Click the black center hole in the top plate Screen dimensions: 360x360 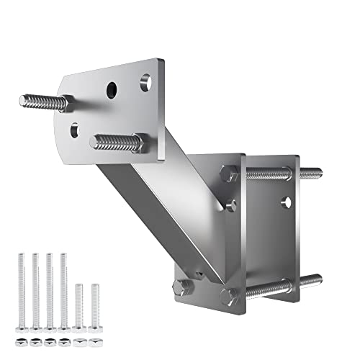tap(112, 90)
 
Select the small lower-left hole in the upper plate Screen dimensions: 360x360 tap(76, 130)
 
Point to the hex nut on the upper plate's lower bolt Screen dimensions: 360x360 tap(138, 143)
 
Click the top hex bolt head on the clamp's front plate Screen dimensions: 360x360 tap(229, 174)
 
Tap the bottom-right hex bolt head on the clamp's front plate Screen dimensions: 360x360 tap(230, 294)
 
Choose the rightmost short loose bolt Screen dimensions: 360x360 tap(94, 302)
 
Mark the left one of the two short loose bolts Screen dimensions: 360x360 tap(79, 302)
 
